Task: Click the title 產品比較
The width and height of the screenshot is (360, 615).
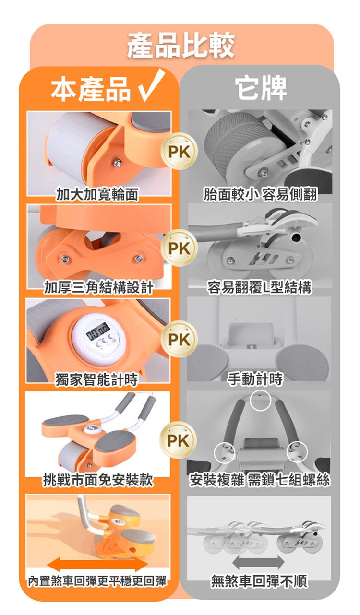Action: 180,46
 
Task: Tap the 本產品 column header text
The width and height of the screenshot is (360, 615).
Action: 91,88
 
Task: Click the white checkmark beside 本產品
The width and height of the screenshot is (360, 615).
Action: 151,85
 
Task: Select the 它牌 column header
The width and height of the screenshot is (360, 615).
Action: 261,88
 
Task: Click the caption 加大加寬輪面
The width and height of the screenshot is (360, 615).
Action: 97,194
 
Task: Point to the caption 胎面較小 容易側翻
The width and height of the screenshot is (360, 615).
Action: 260,194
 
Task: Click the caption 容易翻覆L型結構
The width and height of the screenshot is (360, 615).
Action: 259,287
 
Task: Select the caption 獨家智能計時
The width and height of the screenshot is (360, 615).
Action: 96,380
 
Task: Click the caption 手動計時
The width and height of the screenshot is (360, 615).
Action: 255,379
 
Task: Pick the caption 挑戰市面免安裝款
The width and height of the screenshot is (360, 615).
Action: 98,480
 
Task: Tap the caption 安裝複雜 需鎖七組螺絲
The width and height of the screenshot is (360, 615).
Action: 259,480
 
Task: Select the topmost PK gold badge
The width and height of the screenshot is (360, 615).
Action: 179,151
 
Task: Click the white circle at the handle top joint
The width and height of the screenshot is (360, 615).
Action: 261,401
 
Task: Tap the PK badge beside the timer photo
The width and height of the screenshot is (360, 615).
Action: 179,339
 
